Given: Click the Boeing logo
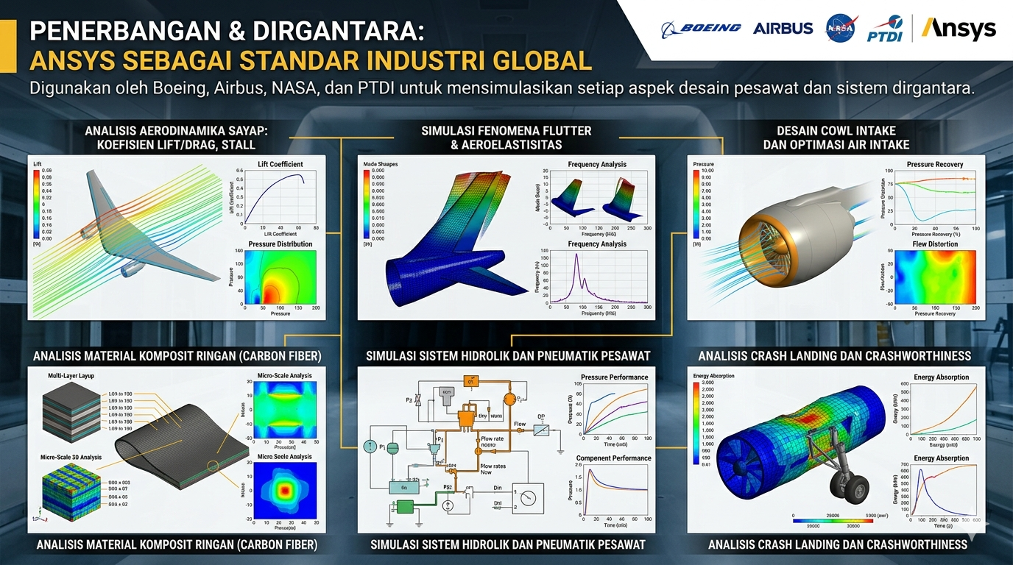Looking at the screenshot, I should coord(701,29).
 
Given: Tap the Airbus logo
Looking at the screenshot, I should coord(783,29).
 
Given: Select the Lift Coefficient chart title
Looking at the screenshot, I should coord(275,164).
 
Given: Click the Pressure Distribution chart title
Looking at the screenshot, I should coord(280,244).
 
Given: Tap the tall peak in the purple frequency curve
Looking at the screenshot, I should coord(578,257).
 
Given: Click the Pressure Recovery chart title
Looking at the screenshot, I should coord(934,164).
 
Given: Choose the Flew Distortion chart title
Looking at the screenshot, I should coord(935,244).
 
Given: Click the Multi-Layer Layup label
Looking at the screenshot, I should coord(74,375).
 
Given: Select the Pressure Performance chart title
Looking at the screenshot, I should coord(614,377).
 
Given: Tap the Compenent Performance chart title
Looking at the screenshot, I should coord(613,458).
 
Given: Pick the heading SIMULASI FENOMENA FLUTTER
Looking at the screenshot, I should coord(506,131).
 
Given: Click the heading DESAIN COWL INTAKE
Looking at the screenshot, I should coord(836,131).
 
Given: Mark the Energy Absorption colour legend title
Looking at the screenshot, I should coord(713,375).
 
